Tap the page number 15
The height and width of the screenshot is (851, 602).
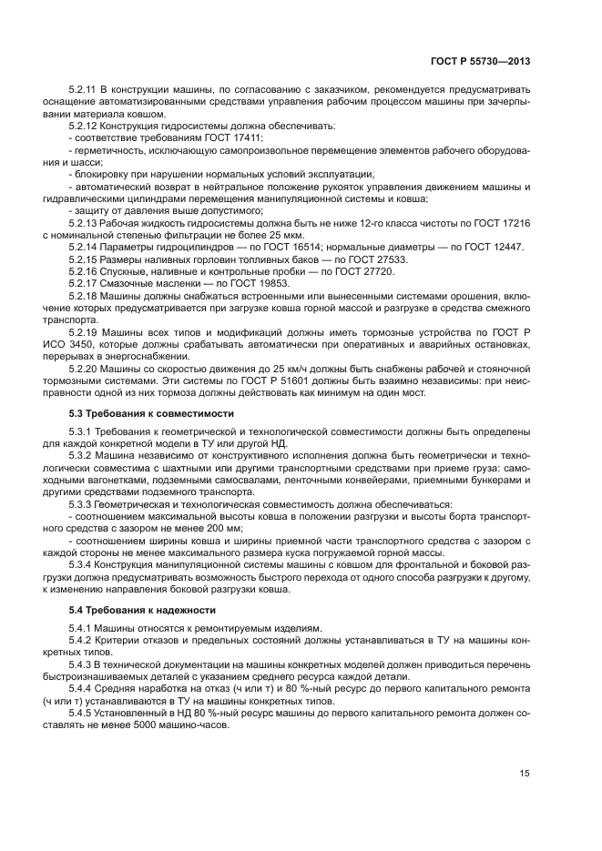pos(525,774)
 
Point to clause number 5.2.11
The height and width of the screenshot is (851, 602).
pos(85,90)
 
